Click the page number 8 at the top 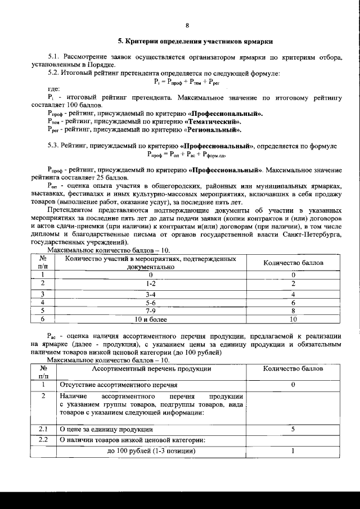click(x=187, y=25)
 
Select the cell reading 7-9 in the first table click(x=151, y=309)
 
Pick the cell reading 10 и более click(x=151, y=318)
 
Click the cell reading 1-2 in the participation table click(x=151, y=283)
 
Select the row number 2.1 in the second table click(x=43, y=429)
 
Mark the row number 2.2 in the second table click(x=43, y=439)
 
